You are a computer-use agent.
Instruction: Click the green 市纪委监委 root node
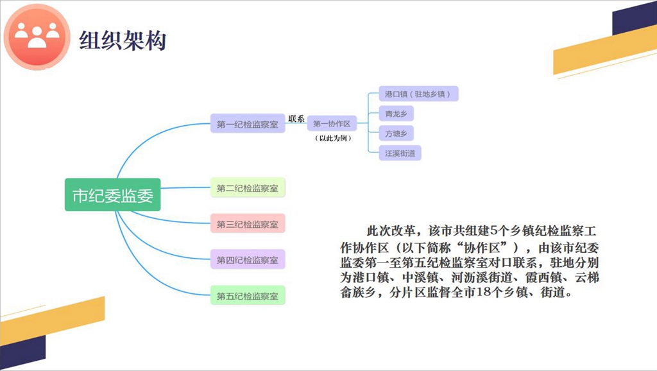coord(112,196)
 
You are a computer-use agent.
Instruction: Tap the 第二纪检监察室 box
coord(248,188)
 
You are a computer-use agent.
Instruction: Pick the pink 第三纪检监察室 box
coord(248,224)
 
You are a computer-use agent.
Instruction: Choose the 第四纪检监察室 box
coord(248,260)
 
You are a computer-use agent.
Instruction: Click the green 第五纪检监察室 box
coord(248,296)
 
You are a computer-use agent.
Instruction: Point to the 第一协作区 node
coord(332,124)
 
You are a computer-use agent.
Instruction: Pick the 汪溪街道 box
coord(400,153)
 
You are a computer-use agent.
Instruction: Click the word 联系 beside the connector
coord(296,118)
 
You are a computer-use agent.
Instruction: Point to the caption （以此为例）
coord(332,138)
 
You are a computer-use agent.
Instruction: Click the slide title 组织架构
coord(123,40)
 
